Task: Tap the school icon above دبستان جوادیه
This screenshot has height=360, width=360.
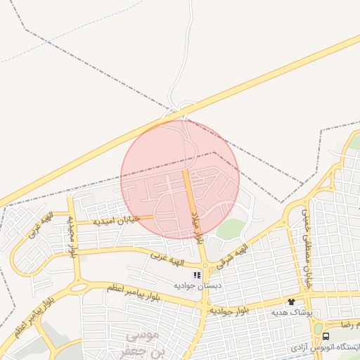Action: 197,275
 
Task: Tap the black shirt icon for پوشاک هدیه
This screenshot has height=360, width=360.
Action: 290,301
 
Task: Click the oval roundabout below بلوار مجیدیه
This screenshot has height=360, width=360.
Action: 78,287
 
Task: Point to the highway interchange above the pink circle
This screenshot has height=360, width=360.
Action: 180,109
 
